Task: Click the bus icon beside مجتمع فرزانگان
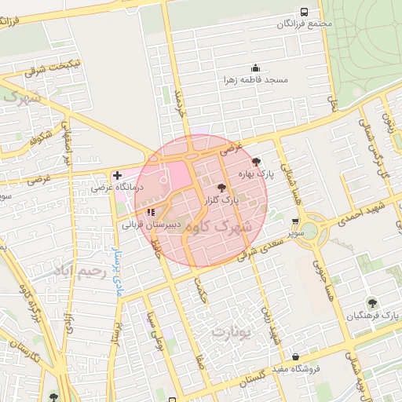pyautogui.click(x=304, y=13)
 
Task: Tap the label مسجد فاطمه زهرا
pyautogui.click(x=256, y=80)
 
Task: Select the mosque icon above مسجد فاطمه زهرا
pyautogui.click(x=254, y=68)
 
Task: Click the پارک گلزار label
pyautogui.click(x=221, y=201)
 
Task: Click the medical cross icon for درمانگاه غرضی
pyautogui.click(x=117, y=175)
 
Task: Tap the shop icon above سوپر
pyautogui.click(x=294, y=221)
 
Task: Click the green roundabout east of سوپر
pyautogui.click(x=309, y=230)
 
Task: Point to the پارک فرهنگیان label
pyautogui.click(x=374, y=316)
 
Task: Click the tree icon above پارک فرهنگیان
pyautogui.click(x=371, y=302)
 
